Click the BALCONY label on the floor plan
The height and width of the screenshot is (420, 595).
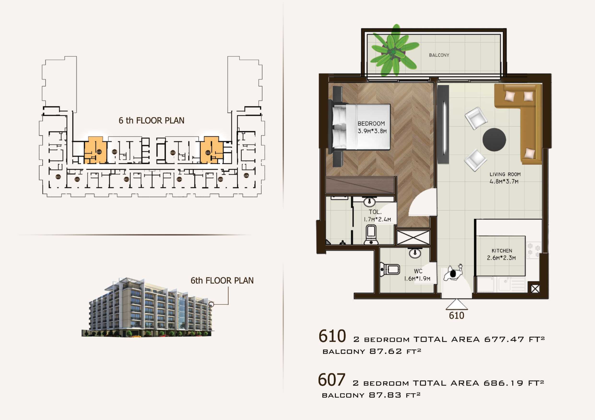click(x=439, y=55)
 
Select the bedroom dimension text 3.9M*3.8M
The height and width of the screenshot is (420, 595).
click(x=372, y=131)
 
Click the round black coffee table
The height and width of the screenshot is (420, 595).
click(x=494, y=140)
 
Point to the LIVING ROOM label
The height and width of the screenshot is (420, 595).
click(x=505, y=174)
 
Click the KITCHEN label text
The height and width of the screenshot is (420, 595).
click(x=502, y=250)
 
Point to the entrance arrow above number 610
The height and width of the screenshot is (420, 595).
click(x=457, y=305)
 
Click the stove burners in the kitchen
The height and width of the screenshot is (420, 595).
click(x=534, y=250)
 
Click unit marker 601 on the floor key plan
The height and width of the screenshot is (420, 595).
click(x=58, y=177)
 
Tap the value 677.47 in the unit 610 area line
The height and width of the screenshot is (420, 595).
click(x=504, y=339)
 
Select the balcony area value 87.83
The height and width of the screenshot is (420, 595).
click(x=385, y=395)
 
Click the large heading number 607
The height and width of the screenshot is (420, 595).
click(x=331, y=380)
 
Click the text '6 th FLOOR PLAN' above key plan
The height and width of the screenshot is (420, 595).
click(x=151, y=121)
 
